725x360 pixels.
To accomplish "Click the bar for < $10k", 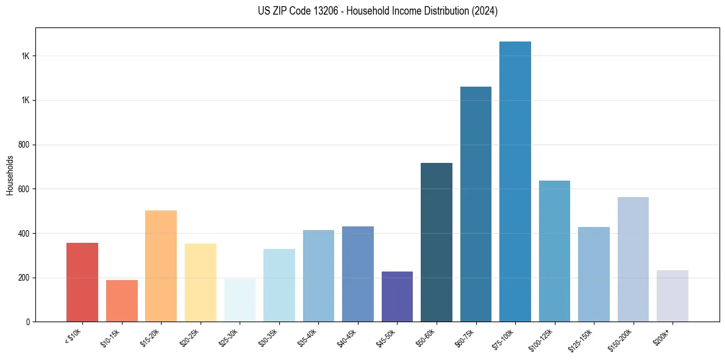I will coord(82,282).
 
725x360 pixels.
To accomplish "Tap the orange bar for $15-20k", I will coord(161,266).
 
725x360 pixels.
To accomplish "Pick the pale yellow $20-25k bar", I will coord(200,283).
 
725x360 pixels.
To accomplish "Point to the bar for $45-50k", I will coord(397,297).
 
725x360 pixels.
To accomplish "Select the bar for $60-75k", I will coord(476,204).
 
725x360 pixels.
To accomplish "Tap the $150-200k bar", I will coord(633,259).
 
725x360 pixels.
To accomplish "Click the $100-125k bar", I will coord(554,251).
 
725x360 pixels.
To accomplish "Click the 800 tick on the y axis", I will coord(24,145).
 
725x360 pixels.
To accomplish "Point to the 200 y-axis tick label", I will coord(24,278).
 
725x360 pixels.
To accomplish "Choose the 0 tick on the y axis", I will coord(28,322).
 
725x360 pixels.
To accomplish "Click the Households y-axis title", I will coord(10,175).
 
